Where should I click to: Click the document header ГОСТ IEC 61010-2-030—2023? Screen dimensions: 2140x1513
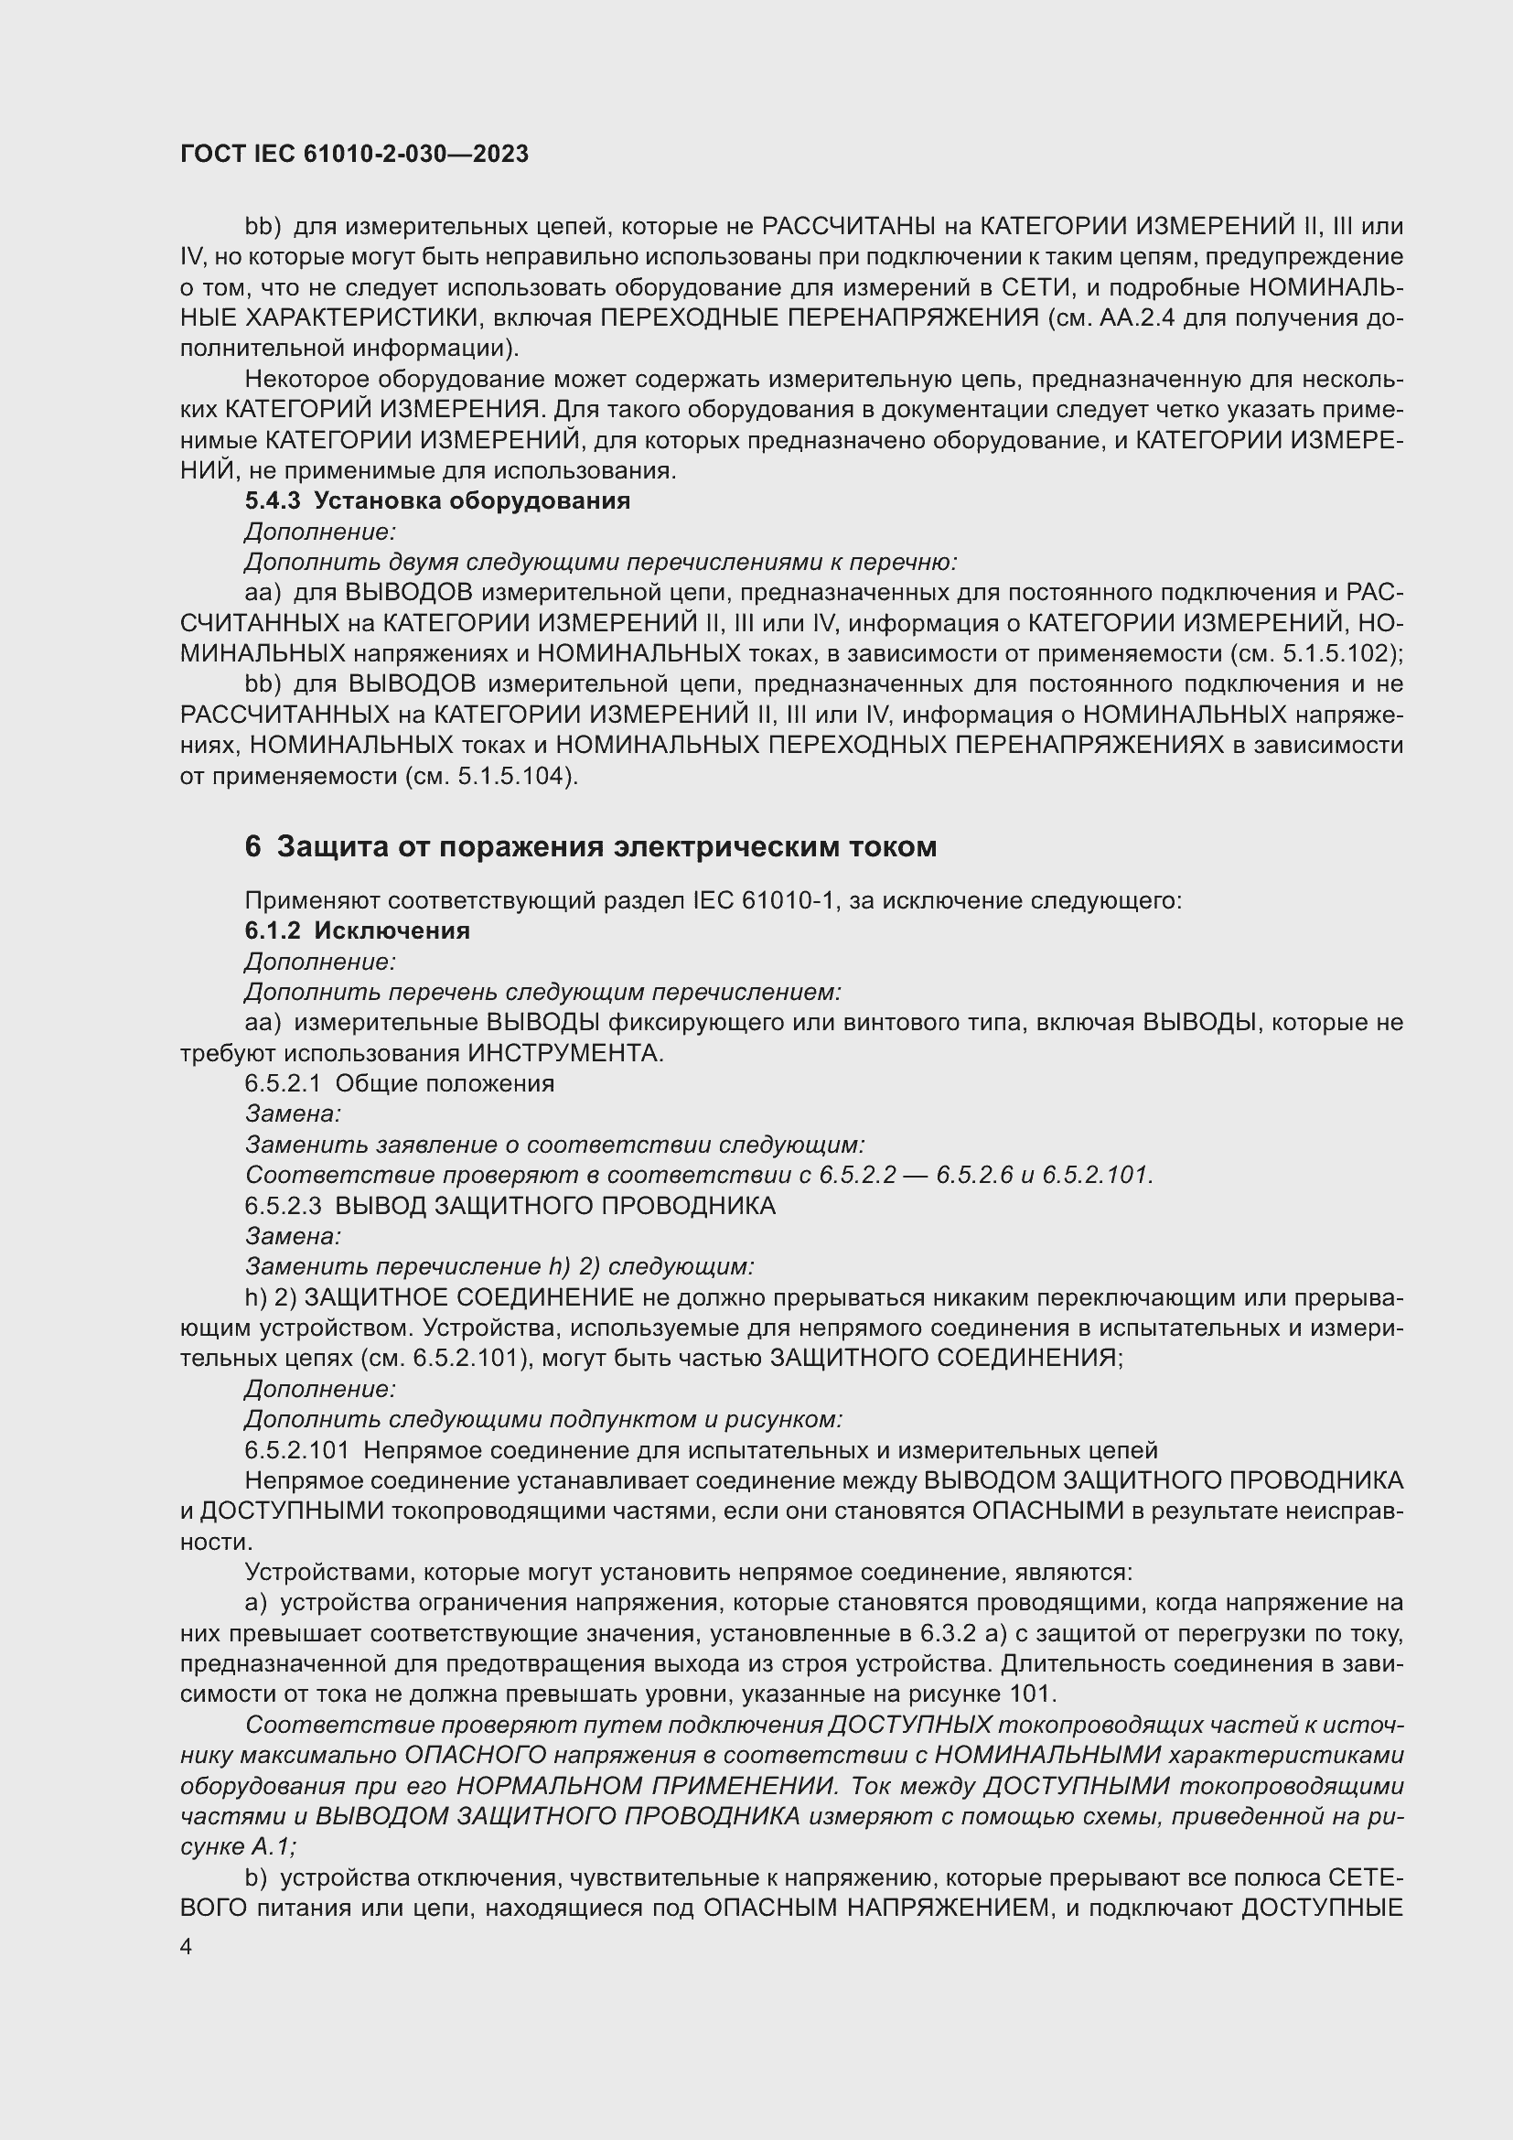click(x=354, y=155)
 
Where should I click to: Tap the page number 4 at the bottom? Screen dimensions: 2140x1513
click(x=187, y=1948)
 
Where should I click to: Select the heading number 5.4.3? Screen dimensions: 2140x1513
click(x=272, y=501)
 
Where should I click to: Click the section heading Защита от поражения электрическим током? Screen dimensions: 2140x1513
click(x=606, y=847)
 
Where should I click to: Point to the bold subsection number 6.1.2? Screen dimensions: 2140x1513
click(x=272, y=931)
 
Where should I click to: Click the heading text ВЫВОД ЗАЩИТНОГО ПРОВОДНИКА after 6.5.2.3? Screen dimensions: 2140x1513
click(x=554, y=1206)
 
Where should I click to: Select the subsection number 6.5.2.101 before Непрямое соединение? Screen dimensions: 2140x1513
click(x=297, y=1451)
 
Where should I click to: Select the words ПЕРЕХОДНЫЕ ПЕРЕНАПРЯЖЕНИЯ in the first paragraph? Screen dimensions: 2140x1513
click(x=819, y=317)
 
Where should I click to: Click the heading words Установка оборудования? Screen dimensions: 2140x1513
click(x=471, y=501)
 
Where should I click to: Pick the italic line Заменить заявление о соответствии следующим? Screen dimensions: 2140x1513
click(x=554, y=1145)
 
